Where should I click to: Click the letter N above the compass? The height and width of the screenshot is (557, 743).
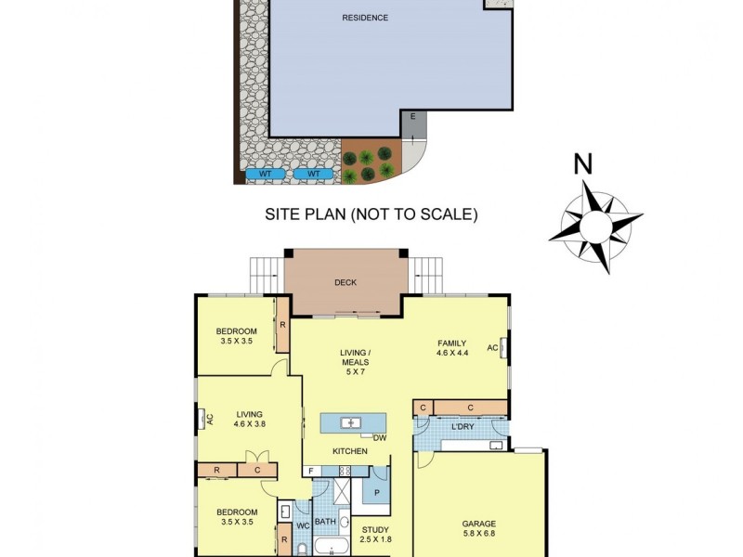tap(582, 163)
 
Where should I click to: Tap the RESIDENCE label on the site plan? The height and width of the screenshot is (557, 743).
tap(365, 18)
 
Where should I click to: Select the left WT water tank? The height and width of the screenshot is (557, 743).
tap(265, 174)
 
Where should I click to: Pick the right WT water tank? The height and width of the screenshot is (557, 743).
tap(313, 174)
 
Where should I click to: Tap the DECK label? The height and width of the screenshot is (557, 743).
tap(345, 282)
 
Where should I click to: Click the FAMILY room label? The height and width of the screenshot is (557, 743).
tap(452, 343)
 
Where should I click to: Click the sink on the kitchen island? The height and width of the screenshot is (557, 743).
tap(349, 423)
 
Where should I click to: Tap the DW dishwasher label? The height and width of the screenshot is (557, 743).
tap(379, 437)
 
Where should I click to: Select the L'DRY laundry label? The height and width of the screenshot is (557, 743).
tap(463, 426)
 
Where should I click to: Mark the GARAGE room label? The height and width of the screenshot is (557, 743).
tap(479, 523)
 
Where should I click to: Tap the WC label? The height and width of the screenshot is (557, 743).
tap(302, 526)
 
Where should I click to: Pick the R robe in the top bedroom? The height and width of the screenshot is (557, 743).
tap(282, 325)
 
